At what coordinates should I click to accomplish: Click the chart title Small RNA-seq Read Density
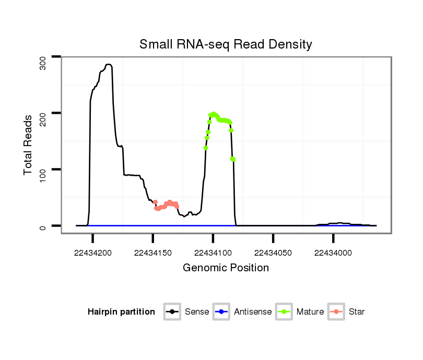coord(226,44)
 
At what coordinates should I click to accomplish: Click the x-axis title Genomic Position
coord(226,268)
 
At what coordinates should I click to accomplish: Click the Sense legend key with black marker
coord(172,312)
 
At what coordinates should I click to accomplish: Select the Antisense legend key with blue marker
coord(221,312)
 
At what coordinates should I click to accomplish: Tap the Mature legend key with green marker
coord(284,312)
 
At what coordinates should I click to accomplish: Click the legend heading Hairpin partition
coord(121,312)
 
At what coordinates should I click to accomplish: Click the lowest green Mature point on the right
coord(233,159)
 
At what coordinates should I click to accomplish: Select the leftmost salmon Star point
coord(155,202)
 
